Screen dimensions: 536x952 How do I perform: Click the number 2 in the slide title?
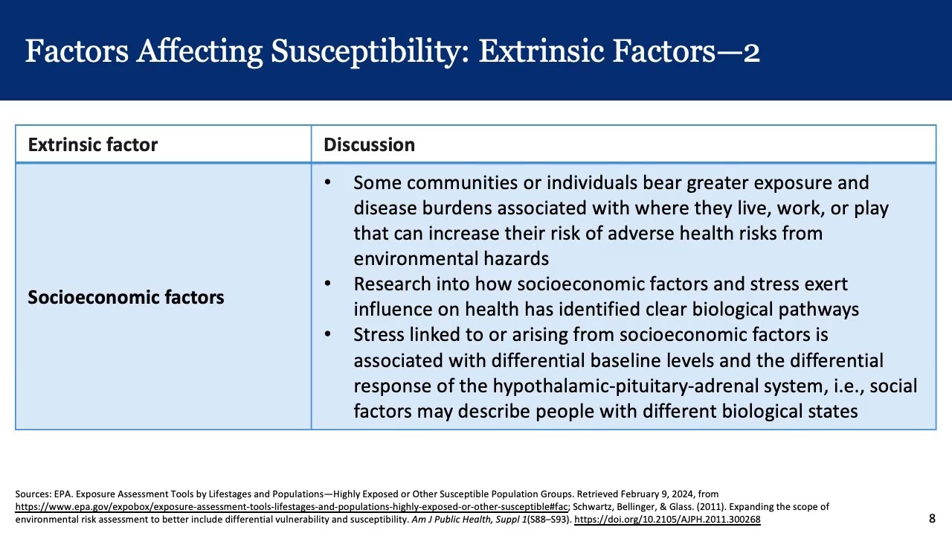751,52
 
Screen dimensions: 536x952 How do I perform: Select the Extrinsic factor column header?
93,144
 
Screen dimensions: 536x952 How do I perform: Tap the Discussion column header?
369,144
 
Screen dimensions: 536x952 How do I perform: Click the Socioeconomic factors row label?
126,297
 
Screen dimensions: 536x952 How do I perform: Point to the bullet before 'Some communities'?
328,182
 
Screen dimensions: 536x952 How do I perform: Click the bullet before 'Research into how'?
328,284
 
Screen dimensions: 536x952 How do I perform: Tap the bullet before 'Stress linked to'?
328,334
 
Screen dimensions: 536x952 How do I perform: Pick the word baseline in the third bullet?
625,361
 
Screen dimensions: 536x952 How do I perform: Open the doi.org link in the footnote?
667,519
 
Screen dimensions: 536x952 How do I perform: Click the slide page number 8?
932,518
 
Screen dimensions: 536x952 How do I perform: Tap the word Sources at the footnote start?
33,494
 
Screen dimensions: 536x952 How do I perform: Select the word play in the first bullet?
871,208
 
